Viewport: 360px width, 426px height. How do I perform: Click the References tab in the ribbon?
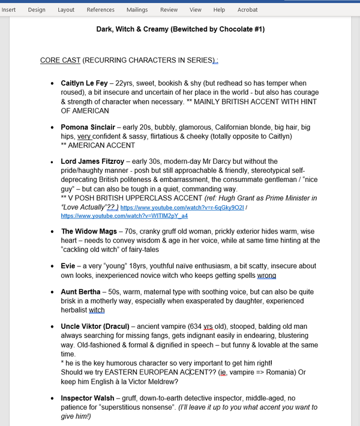(x=100, y=10)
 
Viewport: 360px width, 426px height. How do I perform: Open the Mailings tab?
(x=137, y=10)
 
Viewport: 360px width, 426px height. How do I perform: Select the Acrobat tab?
(x=247, y=10)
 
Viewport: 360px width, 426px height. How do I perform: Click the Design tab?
(x=37, y=10)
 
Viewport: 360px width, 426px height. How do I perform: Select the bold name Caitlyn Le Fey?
(x=89, y=83)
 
